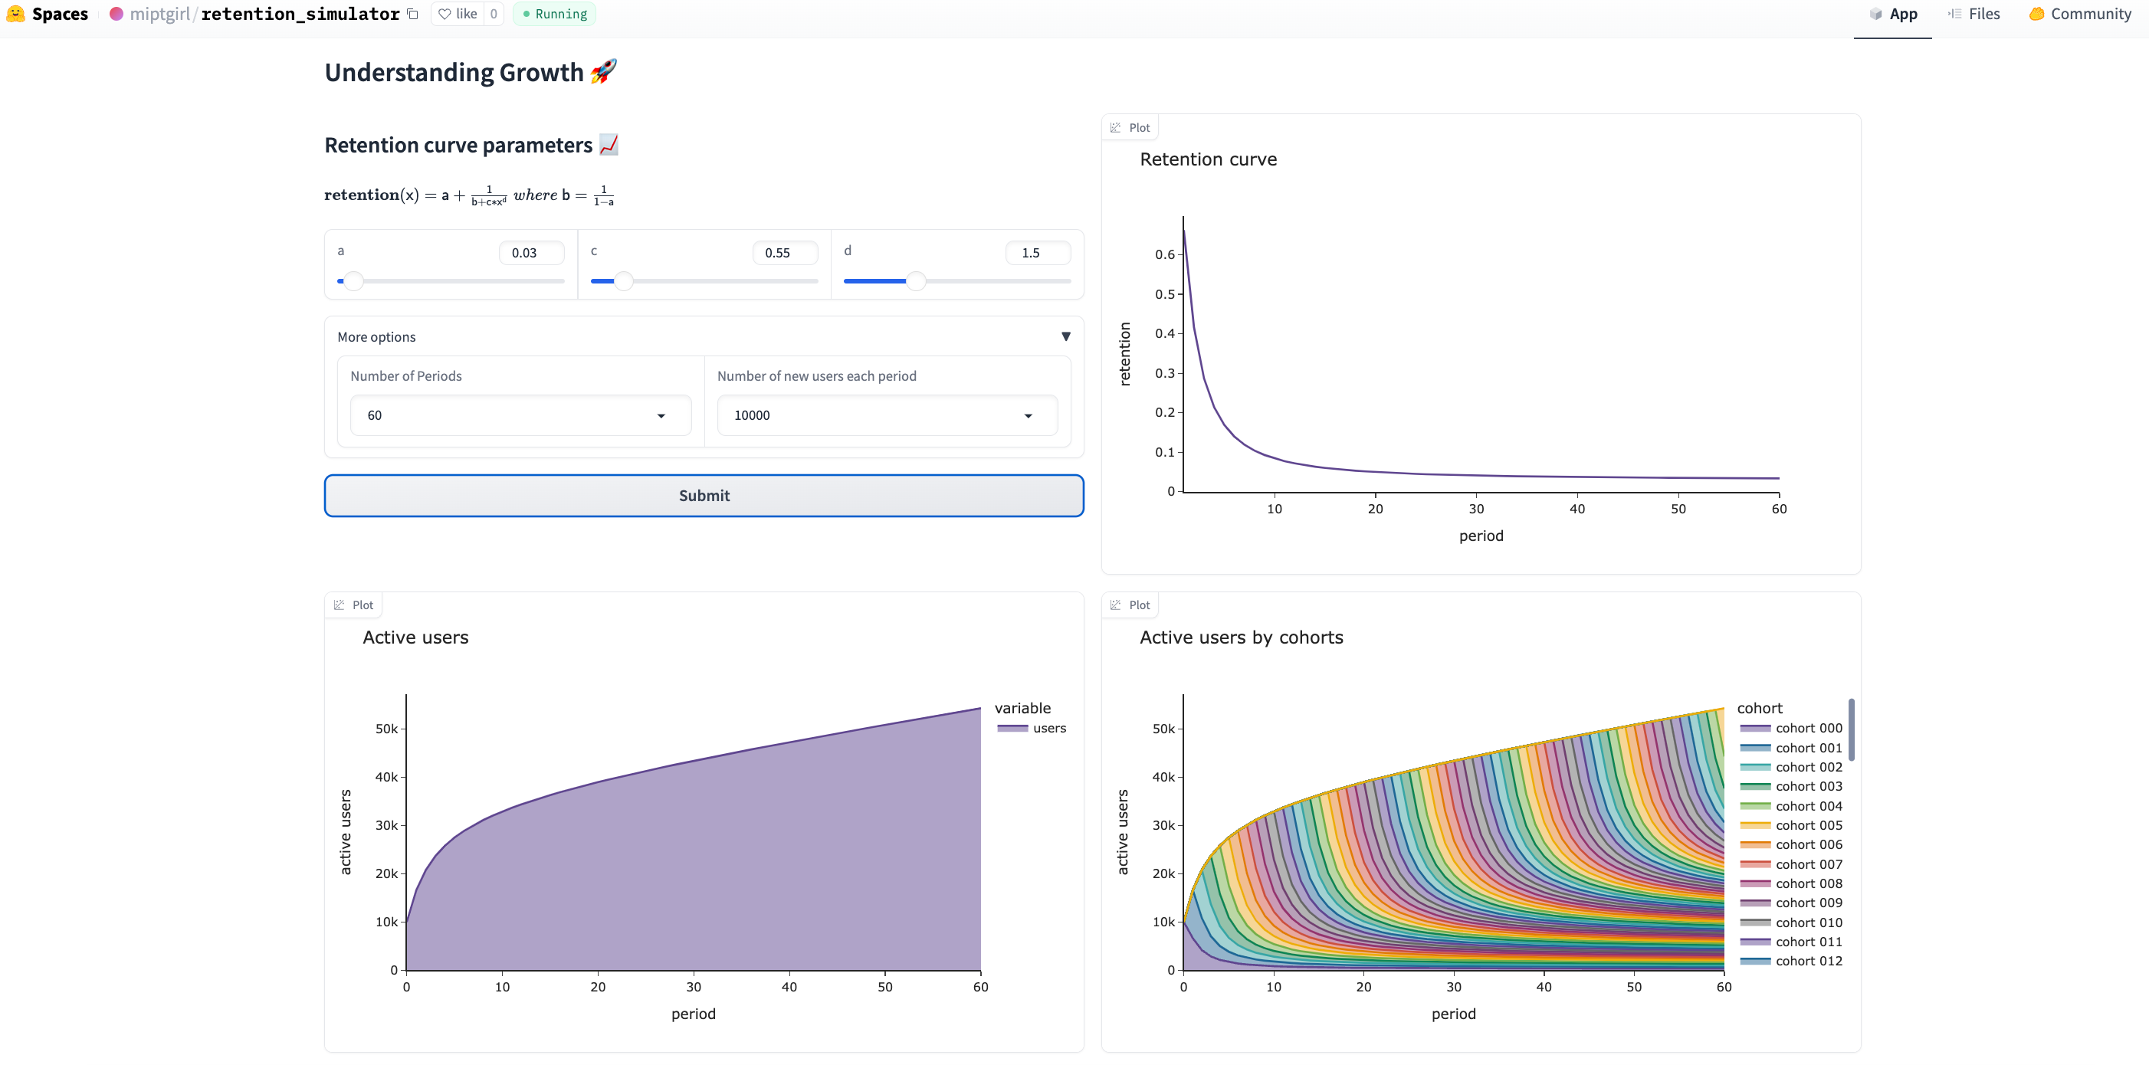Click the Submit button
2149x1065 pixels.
704,496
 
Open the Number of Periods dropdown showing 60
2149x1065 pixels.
520,415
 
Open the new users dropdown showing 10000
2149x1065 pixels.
887,415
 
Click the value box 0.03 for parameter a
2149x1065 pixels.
531,253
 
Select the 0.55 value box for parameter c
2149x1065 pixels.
785,253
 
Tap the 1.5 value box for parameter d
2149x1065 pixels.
1038,253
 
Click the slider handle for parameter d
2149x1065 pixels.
916,281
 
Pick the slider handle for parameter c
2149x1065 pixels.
623,281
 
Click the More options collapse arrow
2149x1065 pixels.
1065,337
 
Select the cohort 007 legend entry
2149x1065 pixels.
1791,864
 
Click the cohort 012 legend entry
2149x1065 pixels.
1791,961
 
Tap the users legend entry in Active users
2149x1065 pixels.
1032,728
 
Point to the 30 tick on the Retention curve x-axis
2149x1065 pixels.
1476,509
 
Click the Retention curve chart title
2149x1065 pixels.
1208,159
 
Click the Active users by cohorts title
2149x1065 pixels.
1242,637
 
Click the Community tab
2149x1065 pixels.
2080,15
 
